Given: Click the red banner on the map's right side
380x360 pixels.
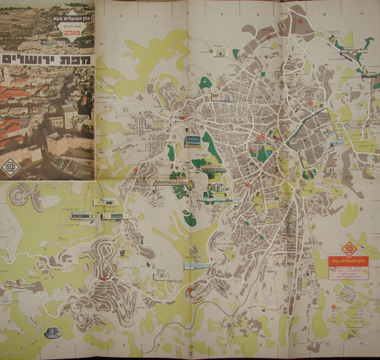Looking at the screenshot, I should [348, 263].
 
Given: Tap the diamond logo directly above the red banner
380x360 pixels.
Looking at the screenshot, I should [349, 249].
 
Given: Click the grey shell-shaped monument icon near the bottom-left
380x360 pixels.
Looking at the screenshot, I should [53, 332].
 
